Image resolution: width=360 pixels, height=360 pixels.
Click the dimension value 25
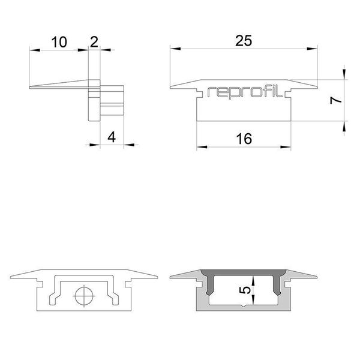point(243,40)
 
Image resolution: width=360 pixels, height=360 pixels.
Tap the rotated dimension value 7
point(337,100)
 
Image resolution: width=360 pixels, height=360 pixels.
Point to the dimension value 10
point(59,42)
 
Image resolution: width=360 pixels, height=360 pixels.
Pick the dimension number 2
point(94,41)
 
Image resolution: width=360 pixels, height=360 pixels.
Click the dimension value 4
point(110,137)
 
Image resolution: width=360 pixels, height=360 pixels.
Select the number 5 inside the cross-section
point(244,290)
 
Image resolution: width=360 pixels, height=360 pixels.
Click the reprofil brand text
point(243,92)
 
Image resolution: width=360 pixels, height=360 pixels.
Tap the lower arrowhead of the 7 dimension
point(344,125)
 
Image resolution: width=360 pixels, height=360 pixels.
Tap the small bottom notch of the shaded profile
point(243,307)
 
